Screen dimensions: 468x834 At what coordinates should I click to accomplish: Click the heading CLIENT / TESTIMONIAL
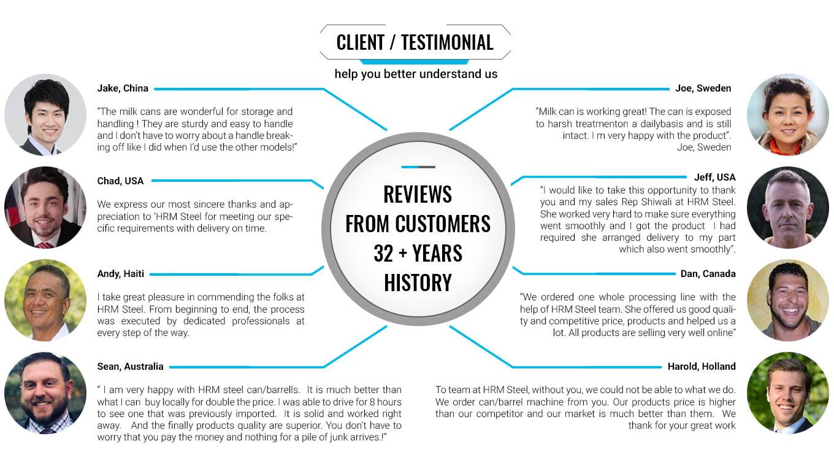415,42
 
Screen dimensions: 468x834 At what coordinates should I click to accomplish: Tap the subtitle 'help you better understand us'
416,74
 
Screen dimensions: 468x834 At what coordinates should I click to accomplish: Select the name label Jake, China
123,88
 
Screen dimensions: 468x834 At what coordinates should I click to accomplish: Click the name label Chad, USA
120,181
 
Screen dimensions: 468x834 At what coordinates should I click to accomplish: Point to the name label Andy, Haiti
120,274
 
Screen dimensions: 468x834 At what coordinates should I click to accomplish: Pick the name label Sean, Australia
130,367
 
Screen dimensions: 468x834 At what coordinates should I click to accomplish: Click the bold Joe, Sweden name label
703,88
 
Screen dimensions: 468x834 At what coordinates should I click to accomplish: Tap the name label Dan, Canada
708,274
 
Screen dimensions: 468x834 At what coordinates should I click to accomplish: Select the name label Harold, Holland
701,367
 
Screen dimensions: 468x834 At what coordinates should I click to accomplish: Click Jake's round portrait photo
45,115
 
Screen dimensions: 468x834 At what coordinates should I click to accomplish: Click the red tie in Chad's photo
45,244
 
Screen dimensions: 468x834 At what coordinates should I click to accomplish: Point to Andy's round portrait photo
45,300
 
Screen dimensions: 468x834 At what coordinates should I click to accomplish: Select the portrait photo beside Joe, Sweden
787,115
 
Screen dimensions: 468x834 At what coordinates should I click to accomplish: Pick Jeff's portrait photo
787,208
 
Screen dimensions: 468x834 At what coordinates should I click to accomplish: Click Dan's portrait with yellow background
787,300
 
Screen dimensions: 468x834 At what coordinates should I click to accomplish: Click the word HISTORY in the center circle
418,283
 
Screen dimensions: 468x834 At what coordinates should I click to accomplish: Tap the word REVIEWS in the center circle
418,195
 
